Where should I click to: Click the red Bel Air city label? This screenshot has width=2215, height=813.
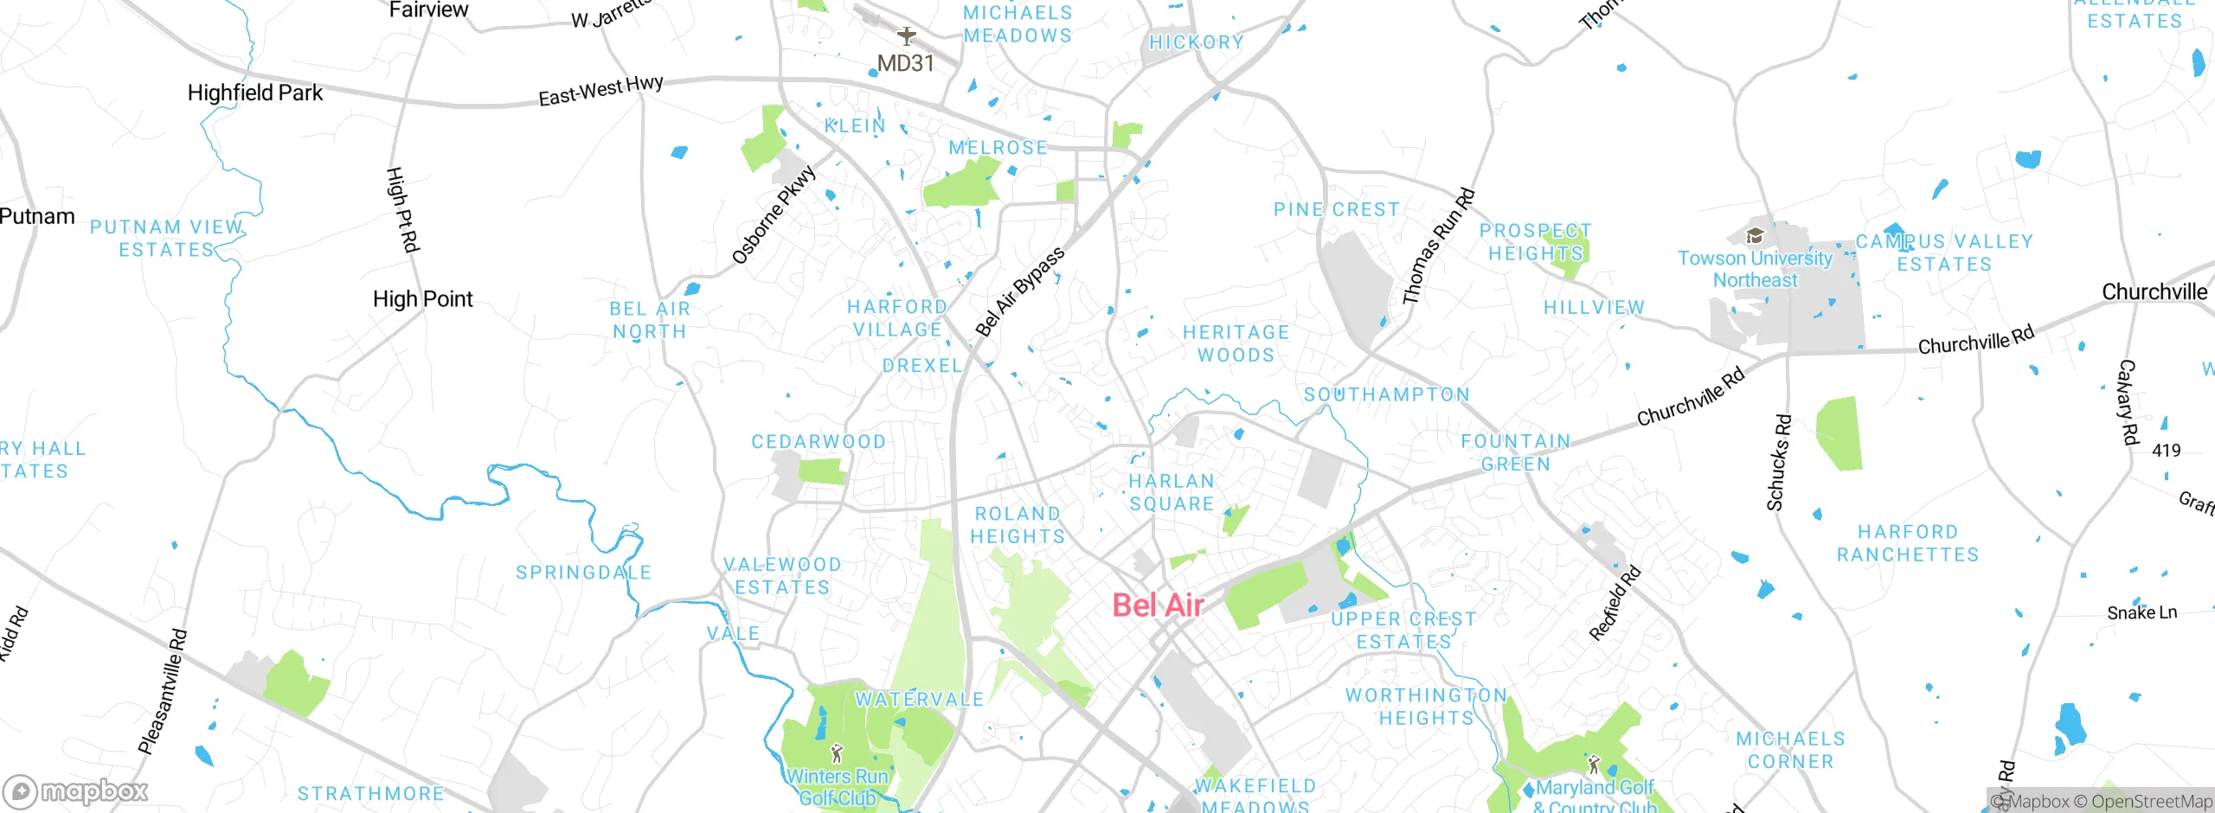click(x=1158, y=605)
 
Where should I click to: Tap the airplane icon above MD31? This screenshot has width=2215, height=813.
click(x=906, y=36)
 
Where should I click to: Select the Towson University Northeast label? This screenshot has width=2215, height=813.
click(x=1755, y=269)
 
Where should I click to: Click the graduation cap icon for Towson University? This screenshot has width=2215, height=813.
click(x=1755, y=235)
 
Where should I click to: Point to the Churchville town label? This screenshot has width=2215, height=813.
click(x=2154, y=292)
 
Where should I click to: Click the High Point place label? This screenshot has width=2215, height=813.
click(x=422, y=299)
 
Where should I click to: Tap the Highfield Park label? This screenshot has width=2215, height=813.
click(x=254, y=93)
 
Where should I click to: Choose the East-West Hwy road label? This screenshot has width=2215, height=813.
click(x=600, y=91)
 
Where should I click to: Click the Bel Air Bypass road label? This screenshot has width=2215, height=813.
click(x=1019, y=291)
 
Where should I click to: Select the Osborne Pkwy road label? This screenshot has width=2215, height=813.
click(x=774, y=214)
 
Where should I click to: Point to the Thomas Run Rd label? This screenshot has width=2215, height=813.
click(x=1438, y=246)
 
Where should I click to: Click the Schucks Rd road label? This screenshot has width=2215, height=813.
click(x=1779, y=463)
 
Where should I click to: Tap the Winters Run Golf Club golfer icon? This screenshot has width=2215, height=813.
click(x=836, y=752)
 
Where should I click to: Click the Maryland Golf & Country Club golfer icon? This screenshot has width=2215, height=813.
click(x=1594, y=765)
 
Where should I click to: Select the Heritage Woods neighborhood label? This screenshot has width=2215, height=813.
click(x=1236, y=343)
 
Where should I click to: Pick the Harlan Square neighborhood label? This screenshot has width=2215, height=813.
click(x=1172, y=492)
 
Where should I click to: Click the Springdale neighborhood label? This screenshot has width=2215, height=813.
click(x=583, y=573)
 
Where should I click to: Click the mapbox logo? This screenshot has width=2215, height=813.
click(x=76, y=791)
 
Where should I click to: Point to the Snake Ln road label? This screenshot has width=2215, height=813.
click(x=2141, y=613)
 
